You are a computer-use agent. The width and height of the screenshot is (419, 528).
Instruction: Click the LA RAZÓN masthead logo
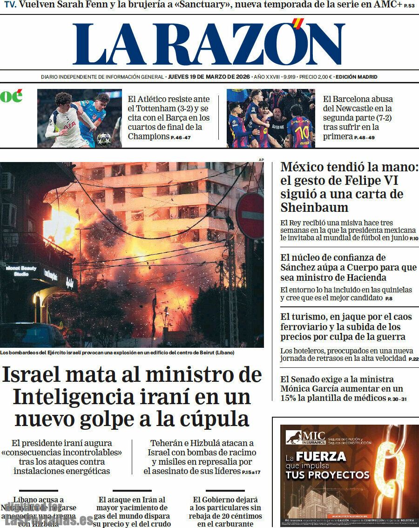click(209, 44)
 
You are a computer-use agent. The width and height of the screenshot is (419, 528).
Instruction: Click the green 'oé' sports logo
click(11, 96)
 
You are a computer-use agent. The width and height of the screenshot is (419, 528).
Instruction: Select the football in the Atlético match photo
click(104, 138)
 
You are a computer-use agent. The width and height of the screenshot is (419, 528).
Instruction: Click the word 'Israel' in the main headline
click(41, 375)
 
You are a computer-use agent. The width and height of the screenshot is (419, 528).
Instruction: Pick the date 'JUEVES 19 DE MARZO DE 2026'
click(209, 77)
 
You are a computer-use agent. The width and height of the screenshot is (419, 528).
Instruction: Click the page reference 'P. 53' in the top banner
click(409, 6)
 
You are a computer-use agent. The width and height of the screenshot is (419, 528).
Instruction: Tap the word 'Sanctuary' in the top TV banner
click(201, 6)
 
